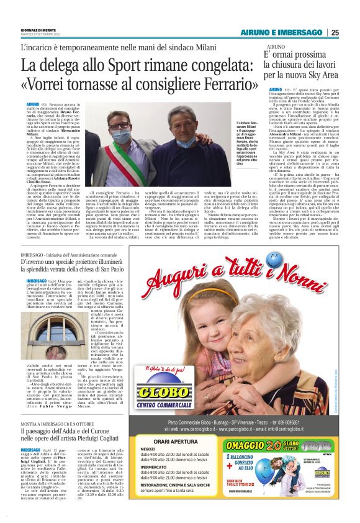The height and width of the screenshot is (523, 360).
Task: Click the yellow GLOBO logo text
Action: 153,394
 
